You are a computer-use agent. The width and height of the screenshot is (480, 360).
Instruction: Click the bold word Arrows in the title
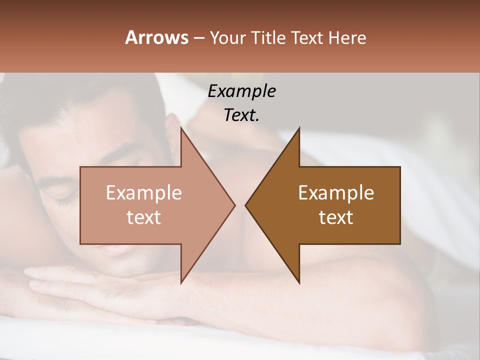click(156, 37)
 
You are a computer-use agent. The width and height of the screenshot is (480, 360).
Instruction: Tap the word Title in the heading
click(266, 37)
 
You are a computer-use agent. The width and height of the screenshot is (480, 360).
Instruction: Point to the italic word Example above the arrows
click(241, 91)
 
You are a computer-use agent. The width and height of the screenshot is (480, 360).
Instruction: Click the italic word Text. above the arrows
click(241, 115)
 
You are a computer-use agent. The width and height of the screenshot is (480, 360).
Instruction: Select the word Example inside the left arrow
click(144, 193)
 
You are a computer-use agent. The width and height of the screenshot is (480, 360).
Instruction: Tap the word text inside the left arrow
click(144, 217)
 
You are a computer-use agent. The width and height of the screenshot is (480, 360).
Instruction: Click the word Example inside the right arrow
click(336, 193)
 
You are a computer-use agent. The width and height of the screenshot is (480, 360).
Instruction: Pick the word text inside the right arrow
click(336, 217)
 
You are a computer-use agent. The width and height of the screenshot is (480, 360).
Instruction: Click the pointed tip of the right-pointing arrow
click(234, 205)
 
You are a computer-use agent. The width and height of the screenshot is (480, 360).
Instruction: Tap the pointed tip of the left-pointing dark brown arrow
click(246, 205)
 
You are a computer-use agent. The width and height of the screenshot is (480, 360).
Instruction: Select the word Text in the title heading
click(306, 37)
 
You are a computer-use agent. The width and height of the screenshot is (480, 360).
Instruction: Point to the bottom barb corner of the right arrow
click(299, 283)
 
